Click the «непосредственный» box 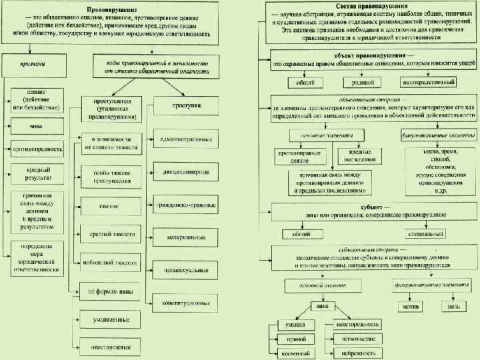click(x=427, y=82)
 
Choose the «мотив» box click(x=408, y=306)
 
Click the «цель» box click(x=453, y=306)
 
